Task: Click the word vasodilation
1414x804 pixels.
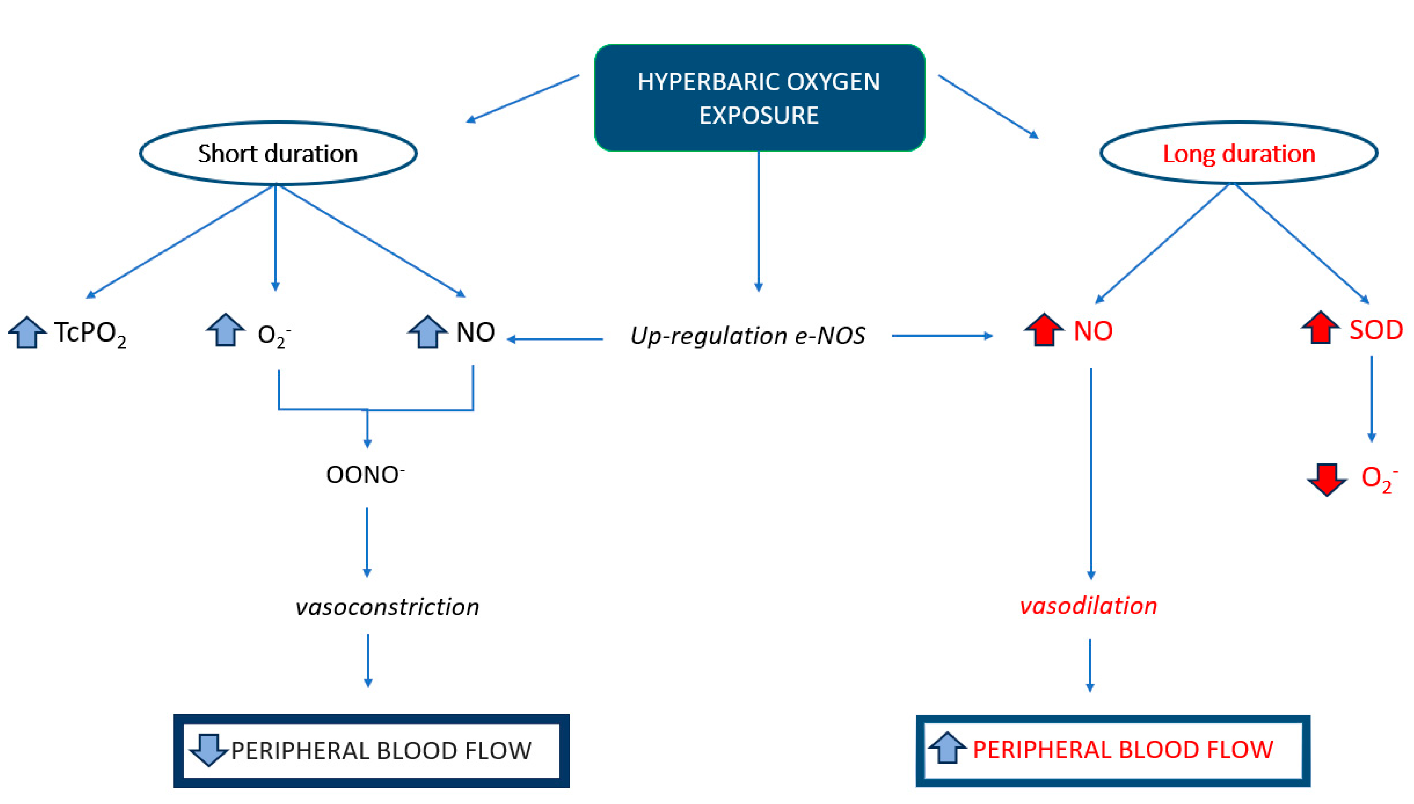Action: (1088, 606)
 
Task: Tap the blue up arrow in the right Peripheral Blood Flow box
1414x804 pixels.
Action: (947, 748)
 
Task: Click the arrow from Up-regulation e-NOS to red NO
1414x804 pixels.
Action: (941, 336)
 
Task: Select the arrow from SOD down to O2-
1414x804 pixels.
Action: (1371, 398)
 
